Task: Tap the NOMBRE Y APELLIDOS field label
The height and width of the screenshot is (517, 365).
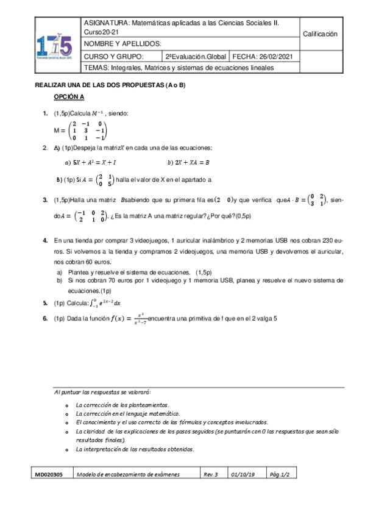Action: pyautogui.click(x=122, y=44)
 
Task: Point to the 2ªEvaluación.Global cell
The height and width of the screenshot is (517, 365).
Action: pyautogui.click(x=194, y=57)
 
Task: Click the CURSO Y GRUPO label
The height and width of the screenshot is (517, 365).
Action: pyautogui.click(x=113, y=57)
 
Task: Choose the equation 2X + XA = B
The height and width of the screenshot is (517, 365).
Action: pyautogui.click(x=188, y=163)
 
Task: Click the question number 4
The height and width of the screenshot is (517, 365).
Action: pyautogui.click(x=45, y=241)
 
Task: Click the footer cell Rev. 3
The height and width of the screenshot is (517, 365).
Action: pyautogui.click(x=211, y=473)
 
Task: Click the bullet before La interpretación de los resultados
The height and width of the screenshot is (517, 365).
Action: pyautogui.click(x=66, y=449)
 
